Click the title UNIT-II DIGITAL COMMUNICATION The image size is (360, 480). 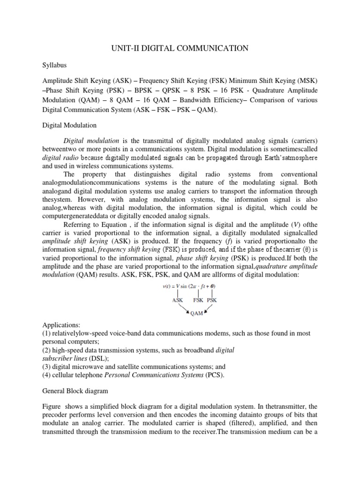180,48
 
